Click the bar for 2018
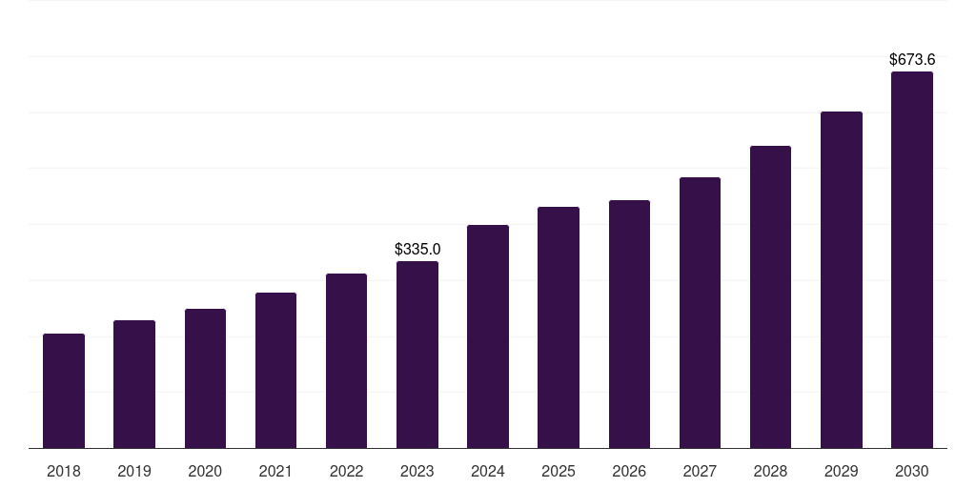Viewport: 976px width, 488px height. [64, 391]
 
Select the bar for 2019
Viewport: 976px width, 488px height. [134, 384]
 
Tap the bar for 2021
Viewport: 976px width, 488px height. [275, 371]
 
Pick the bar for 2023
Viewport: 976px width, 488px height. [417, 355]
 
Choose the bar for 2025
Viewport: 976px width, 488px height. [559, 328]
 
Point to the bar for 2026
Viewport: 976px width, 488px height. [629, 324]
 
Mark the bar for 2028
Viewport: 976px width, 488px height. [770, 297]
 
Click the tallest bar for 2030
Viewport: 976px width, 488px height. [911, 260]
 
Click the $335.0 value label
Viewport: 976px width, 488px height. [417, 249]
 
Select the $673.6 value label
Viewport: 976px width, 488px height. [911, 59]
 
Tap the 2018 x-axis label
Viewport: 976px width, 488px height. [64, 471]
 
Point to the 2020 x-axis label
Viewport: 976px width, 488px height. [205, 471]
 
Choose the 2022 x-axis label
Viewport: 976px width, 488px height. [346, 471]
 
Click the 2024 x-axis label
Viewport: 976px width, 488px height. [488, 471]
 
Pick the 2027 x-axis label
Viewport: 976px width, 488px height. [700, 471]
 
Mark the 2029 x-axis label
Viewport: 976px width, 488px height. [841, 471]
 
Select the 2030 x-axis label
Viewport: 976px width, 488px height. [911, 471]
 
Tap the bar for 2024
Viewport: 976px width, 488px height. [488, 336]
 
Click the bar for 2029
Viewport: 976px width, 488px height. [841, 280]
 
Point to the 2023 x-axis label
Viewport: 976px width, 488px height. [417, 471]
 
